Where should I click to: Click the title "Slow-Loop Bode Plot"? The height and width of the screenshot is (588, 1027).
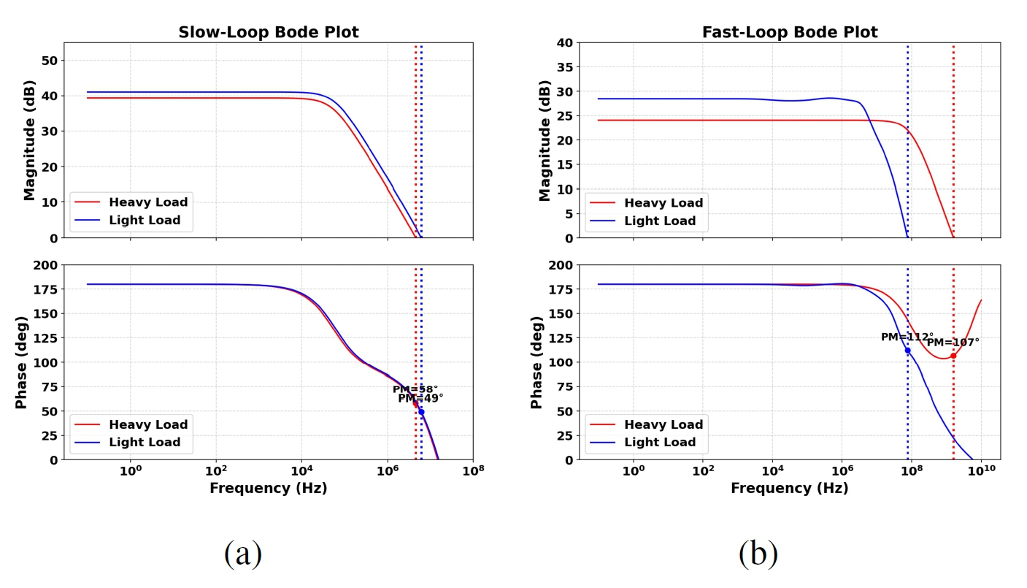(269, 32)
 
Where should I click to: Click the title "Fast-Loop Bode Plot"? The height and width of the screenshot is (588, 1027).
(790, 32)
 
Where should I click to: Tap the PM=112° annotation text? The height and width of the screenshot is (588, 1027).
(907, 337)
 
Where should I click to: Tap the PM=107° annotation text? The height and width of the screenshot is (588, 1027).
(953, 342)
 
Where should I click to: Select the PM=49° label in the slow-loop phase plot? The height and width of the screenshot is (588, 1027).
(420, 399)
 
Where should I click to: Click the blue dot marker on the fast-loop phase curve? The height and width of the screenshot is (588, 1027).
(907, 351)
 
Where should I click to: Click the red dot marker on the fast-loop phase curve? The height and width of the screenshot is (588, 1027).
(953, 356)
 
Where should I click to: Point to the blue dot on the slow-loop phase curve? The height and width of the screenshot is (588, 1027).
(421, 412)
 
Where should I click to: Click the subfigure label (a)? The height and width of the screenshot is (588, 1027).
(243, 554)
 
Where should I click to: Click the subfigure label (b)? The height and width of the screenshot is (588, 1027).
(758, 554)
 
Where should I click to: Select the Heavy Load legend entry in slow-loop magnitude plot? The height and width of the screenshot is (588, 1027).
(148, 202)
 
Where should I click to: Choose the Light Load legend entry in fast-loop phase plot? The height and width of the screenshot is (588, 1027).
(663, 442)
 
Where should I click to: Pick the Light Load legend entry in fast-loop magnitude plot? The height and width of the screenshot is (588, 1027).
(663, 221)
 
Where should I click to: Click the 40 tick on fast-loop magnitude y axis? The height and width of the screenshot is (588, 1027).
(563, 42)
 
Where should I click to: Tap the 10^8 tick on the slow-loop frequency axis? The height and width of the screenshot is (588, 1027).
(473, 470)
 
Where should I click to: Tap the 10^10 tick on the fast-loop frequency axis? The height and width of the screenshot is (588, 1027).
(981, 470)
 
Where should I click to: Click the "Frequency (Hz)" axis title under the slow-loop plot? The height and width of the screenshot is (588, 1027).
(269, 489)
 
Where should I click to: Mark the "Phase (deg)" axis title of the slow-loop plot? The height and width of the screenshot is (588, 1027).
(23, 362)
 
